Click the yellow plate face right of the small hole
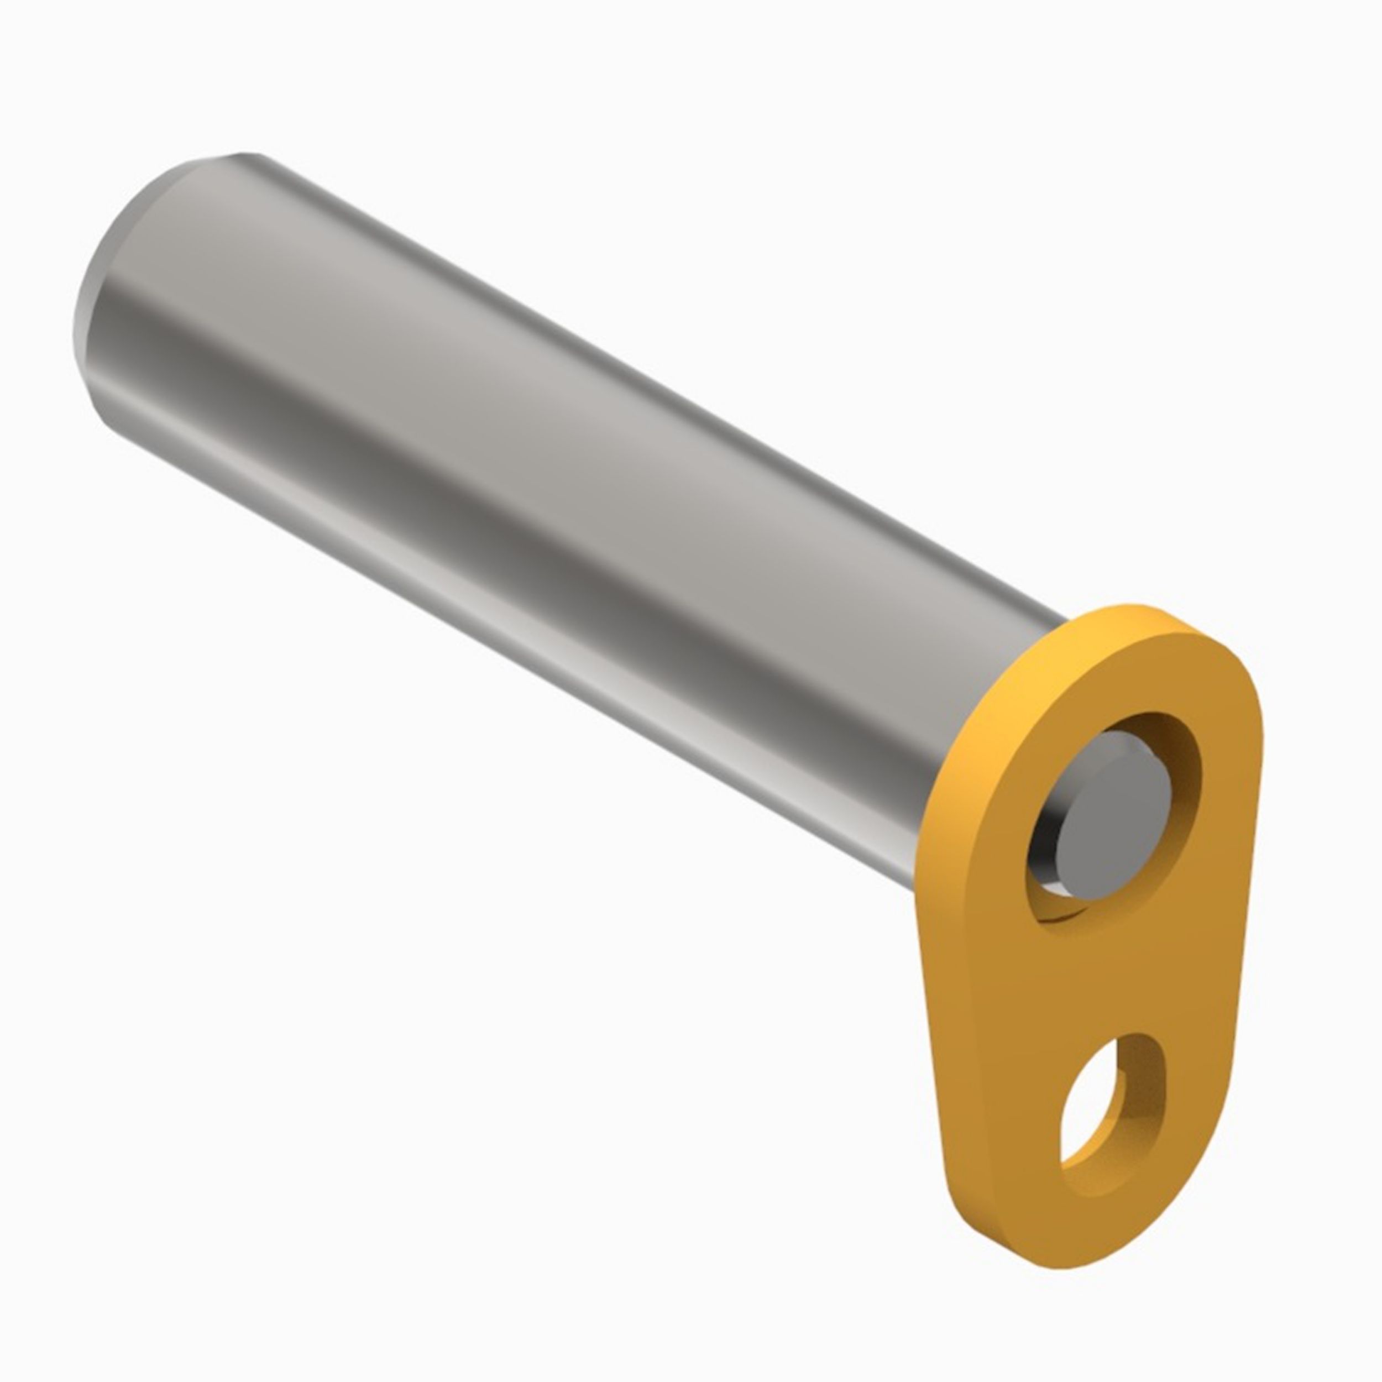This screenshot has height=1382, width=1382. pos(1191,1102)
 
